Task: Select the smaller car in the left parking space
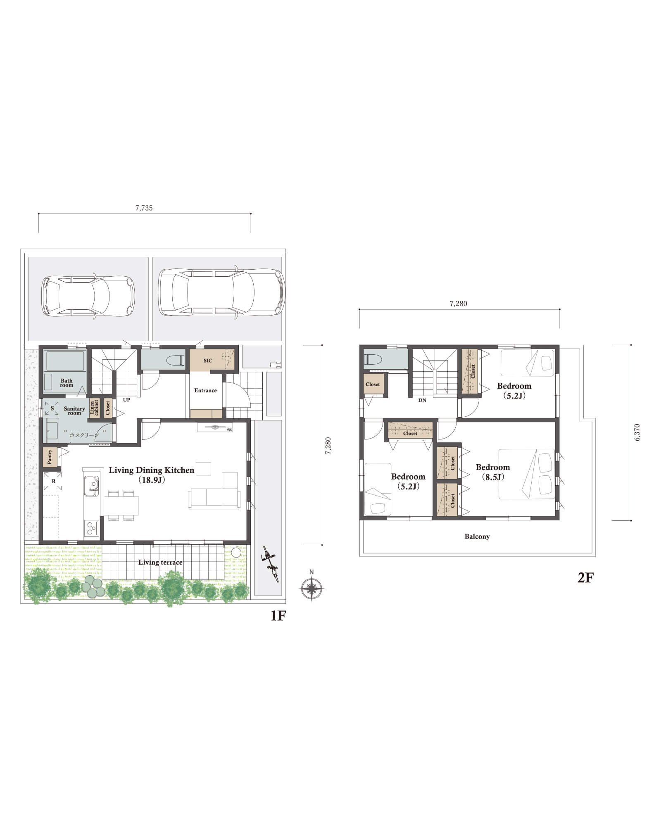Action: pos(88,296)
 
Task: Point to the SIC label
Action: pos(208,361)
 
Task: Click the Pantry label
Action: pos(50,457)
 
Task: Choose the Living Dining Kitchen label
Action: pos(151,470)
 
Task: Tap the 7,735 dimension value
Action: pos(144,208)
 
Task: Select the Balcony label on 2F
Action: pos(477,536)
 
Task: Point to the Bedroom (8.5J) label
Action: pos(493,472)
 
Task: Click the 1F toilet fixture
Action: pos(176,360)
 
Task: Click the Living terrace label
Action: pos(160,562)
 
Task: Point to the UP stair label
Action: pos(126,400)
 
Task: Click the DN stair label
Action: pos(422,400)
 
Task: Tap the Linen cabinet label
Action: pos(94,408)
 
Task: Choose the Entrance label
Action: pos(205,390)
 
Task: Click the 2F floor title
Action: pos(585,577)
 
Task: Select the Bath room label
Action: pos(67,383)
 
